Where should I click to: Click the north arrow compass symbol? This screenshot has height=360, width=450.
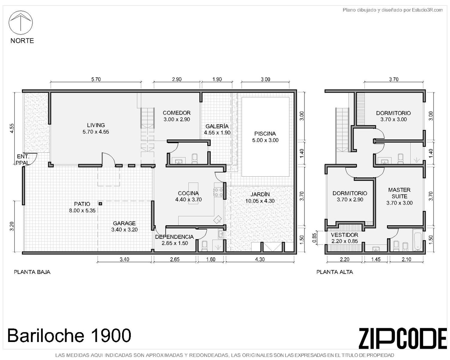[x=20, y=23]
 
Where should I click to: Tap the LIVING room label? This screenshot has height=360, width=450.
[x=96, y=125]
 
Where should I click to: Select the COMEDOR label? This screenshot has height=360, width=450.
[x=176, y=113]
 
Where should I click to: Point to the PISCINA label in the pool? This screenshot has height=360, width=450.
[x=265, y=133]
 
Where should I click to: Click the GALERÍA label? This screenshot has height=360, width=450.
[x=217, y=126]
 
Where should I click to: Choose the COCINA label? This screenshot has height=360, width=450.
[x=188, y=193]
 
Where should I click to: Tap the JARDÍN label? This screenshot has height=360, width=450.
[x=260, y=194]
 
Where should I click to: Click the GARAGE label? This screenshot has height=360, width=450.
[x=124, y=223]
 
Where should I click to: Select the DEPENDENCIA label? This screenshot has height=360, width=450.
[x=174, y=237]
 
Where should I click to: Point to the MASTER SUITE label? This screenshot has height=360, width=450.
[x=399, y=193]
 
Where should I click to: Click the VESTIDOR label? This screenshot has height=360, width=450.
[x=344, y=235]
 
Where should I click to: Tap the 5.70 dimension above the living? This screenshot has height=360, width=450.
[x=96, y=79]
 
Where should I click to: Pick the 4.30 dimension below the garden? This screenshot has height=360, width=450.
[x=260, y=259]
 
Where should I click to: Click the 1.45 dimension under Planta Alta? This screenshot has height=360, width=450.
[x=376, y=259]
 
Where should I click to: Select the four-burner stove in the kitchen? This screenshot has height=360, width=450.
[x=218, y=192]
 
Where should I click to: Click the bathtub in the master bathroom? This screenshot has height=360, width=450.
[x=417, y=240]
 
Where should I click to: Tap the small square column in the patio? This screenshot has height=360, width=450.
[x=100, y=203]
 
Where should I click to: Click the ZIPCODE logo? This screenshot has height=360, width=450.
[x=403, y=338]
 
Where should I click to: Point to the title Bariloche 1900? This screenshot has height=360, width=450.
[x=69, y=335]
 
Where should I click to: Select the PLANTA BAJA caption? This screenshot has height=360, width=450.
[x=32, y=272]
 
